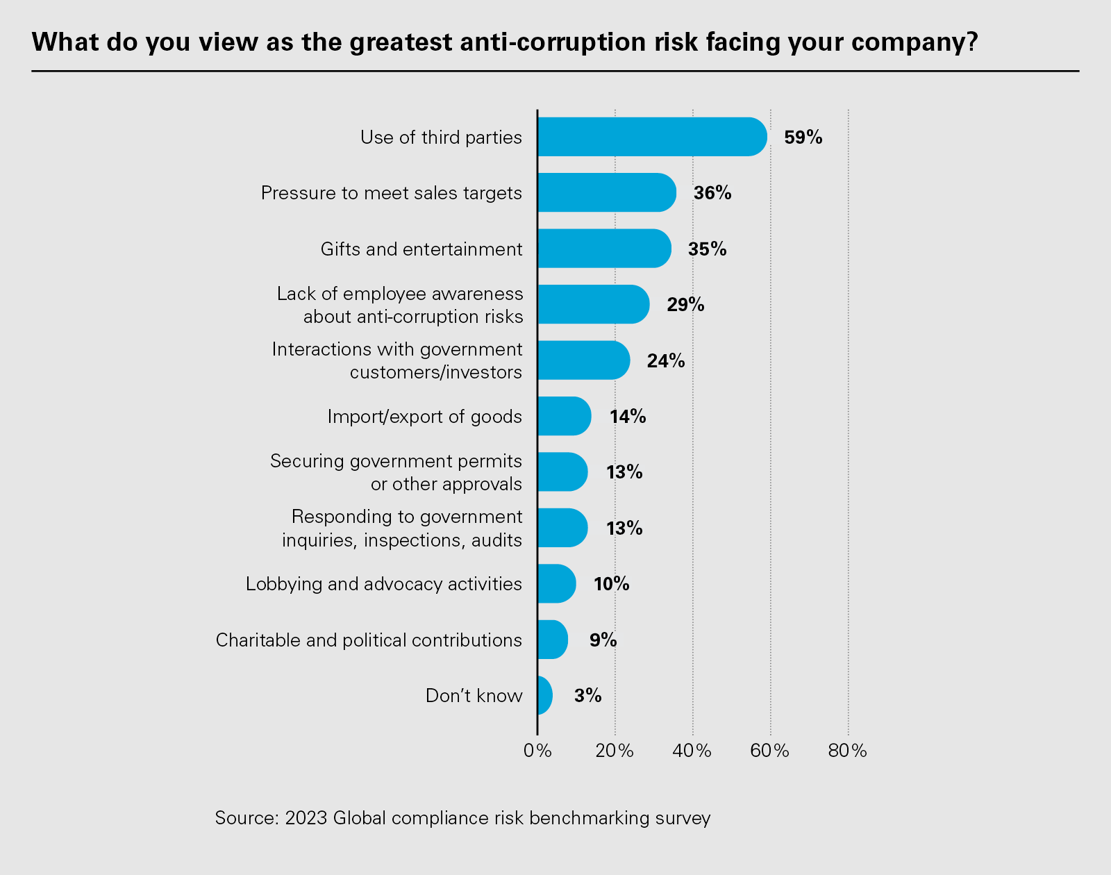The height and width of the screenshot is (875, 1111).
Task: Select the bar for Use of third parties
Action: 651,137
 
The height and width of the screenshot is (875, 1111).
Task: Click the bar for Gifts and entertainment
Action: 604,249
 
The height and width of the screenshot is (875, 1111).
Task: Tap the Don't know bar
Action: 544,695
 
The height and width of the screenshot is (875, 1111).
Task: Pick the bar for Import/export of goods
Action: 564,416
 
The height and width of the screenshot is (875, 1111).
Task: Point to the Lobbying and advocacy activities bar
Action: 556,583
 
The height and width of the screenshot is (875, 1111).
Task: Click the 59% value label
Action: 803,137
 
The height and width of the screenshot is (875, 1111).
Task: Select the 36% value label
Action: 712,193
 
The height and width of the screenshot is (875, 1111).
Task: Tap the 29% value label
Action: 685,305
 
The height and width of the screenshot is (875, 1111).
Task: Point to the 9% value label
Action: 603,640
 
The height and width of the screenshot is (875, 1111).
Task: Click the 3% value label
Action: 587,695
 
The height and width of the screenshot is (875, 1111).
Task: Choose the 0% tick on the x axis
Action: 537,751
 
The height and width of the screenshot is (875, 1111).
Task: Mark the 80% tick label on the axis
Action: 848,751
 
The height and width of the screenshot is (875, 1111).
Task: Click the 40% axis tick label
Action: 692,751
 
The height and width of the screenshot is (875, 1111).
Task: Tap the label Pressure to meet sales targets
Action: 391,193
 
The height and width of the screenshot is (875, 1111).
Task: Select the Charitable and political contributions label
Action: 369,640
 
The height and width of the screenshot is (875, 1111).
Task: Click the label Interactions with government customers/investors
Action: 397,360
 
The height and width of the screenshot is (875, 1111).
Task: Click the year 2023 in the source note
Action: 306,818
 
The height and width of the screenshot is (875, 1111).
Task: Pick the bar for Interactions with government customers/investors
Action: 583,360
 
